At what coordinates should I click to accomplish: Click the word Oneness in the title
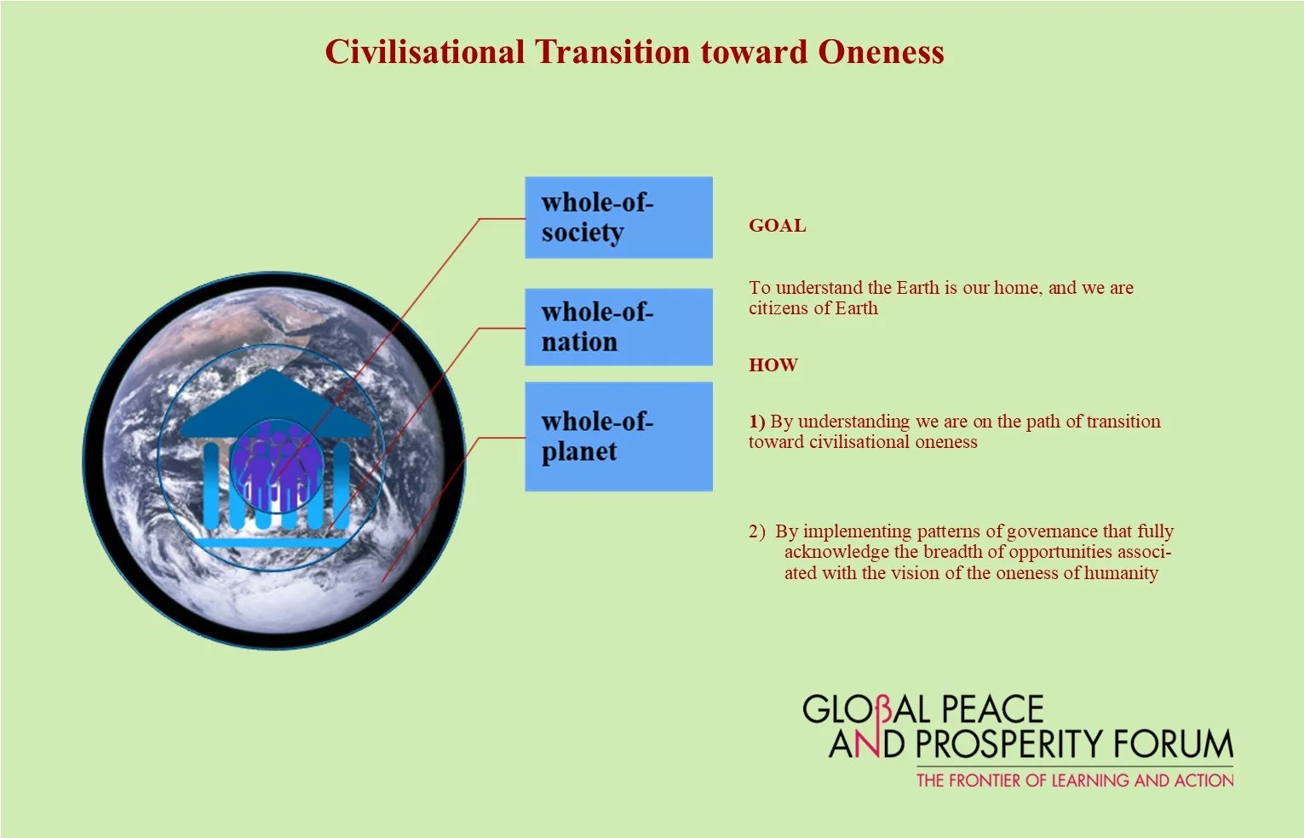coord(881,52)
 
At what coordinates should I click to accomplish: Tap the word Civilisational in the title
coord(424,52)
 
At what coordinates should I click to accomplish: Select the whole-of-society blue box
coord(618,217)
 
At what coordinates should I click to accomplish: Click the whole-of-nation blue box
coord(618,327)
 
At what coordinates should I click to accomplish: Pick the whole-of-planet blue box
coord(618,436)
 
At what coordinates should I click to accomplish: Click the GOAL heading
coord(777,226)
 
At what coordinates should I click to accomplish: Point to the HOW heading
coord(773,365)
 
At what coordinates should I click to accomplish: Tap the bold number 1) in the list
coord(757,422)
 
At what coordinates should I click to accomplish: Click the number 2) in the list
coord(757,531)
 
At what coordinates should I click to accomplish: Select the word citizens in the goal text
coord(778,308)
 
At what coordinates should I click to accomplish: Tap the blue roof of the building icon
coord(273,409)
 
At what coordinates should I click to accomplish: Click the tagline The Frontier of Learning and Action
coord(1074,780)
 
